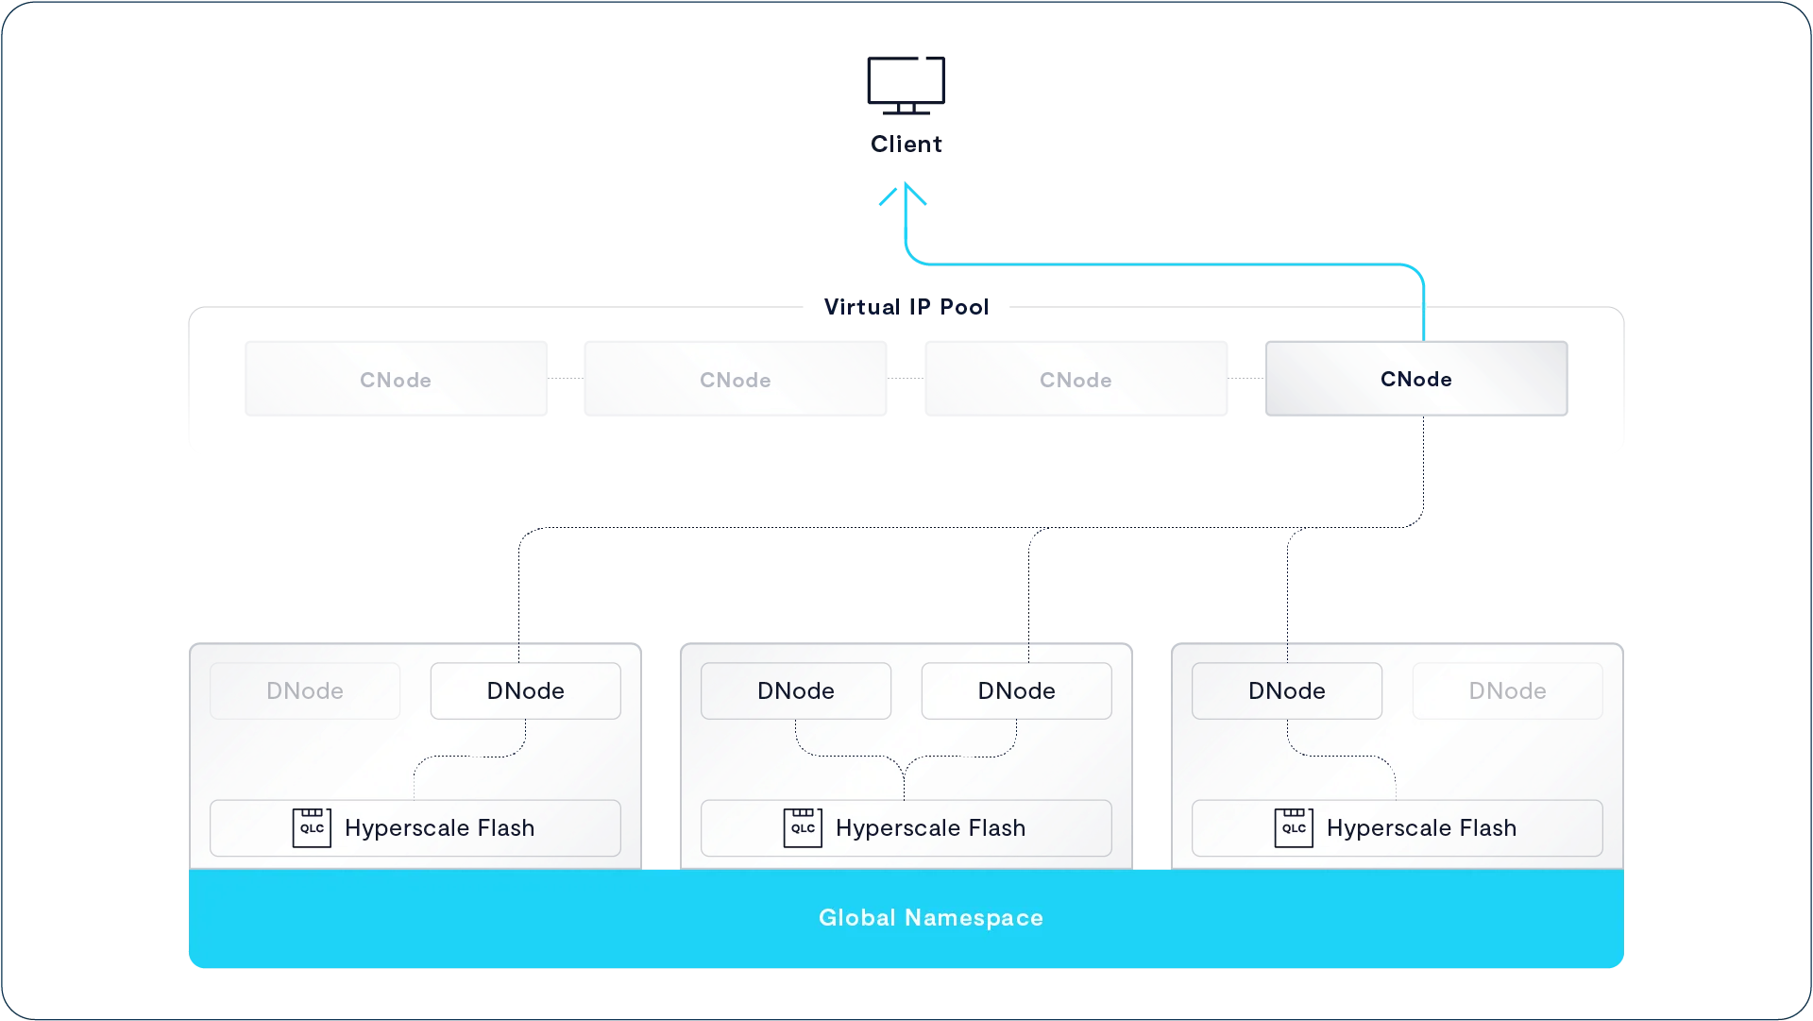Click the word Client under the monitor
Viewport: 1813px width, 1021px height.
(906, 145)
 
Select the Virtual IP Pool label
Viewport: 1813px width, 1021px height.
(906, 307)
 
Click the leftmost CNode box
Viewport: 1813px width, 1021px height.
(396, 379)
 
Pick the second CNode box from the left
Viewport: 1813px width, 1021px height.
(735, 379)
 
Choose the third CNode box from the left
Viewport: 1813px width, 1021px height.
(1076, 379)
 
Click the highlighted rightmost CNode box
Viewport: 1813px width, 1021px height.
(1415, 379)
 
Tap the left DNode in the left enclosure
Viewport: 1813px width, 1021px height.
(305, 690)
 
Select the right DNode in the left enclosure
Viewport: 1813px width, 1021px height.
(525, 690)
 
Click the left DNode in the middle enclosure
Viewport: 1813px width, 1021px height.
(796, 690)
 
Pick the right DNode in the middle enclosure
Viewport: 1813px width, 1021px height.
(1016, 690)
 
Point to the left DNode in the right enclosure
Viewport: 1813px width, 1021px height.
(1287, 690)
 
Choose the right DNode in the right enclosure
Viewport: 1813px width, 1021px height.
(1507, 690)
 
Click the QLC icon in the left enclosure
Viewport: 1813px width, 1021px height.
(312, 827)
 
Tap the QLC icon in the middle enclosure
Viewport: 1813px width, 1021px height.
(803, 827)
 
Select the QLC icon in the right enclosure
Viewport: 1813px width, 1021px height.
(1294, 827)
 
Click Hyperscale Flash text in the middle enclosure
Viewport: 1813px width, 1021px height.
(930, 828)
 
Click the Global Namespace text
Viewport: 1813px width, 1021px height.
(930, 917)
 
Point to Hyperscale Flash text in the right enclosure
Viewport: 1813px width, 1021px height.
(1421, 828)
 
